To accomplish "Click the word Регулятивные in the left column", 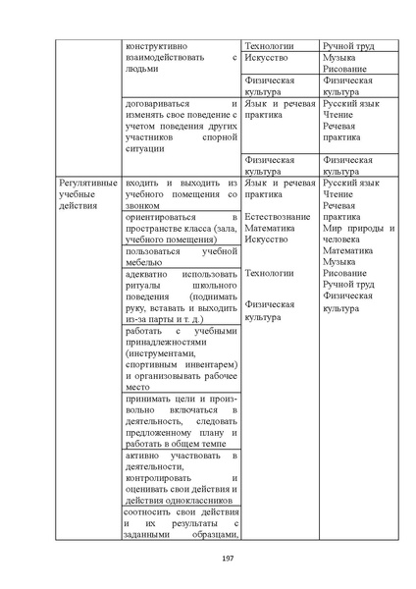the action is [88, 184].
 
